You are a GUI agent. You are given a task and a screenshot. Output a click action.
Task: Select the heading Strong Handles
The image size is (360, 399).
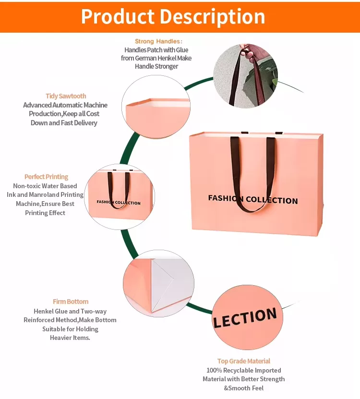[x=158, y=42]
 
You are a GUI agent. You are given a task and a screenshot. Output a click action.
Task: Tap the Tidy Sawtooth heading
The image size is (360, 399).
[x=66, y=96]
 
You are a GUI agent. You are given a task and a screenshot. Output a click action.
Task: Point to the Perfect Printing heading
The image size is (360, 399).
[x=47, y=177]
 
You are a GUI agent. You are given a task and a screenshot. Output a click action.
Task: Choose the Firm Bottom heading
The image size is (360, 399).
[x=71, y=302]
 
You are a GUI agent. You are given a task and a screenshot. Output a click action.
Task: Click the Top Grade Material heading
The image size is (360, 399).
[x=244, y=361]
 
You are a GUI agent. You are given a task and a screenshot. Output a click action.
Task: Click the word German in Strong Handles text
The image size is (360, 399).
[x=149, y=58]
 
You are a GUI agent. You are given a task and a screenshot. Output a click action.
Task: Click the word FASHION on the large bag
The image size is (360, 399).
[x=226, y=198]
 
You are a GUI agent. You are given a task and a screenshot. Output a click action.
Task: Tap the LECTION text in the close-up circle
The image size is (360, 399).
[x=245, y=317]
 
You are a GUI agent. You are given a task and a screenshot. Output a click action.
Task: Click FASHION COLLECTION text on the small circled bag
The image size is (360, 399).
[x=119, y=202]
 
